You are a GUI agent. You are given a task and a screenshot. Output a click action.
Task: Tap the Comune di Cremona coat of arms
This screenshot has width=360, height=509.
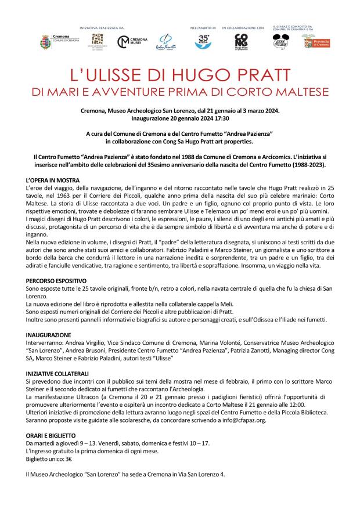(45, 42)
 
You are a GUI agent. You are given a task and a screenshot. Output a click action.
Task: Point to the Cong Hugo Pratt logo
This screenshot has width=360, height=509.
(241, 42)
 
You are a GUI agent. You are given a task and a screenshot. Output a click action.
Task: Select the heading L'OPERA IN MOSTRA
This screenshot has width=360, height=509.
(53, 181)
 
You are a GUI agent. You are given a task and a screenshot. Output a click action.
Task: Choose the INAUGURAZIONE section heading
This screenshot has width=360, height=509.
(49, 335)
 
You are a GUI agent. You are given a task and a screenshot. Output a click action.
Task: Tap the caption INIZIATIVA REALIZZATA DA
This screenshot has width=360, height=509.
(101, 27)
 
